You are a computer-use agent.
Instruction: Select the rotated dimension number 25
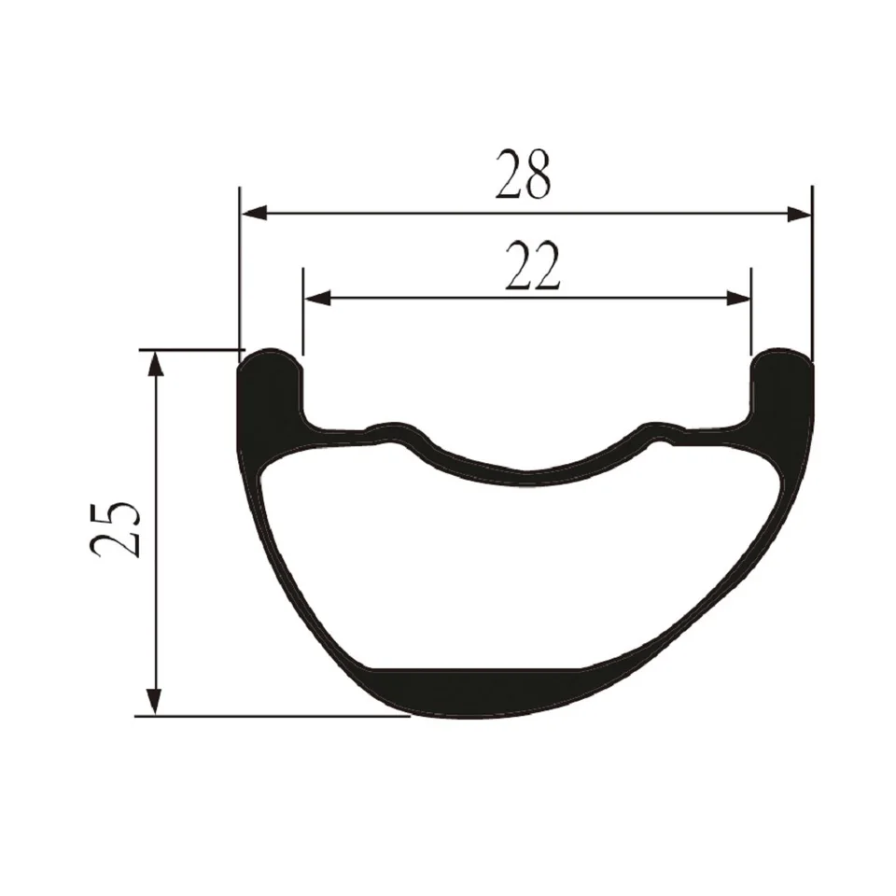click(x=116, y=530)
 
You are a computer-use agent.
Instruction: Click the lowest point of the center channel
click(x=525, y=476)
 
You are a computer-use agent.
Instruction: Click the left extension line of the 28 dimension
click(x=240, y=271)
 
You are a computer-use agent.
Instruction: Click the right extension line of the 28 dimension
click(x=812, y=271)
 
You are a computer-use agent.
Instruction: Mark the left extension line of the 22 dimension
click(x=303, y=317)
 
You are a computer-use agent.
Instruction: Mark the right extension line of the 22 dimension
click(x=751, y=317)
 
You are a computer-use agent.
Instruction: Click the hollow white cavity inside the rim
click(x=523, y=569)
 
